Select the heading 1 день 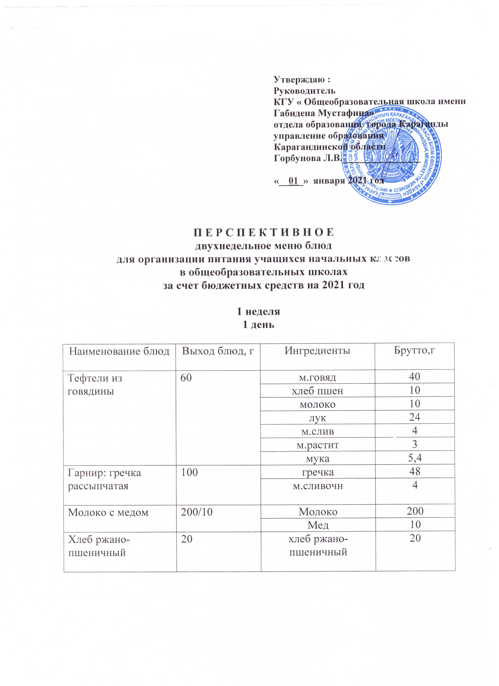[259, 325]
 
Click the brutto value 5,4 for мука [415, 458]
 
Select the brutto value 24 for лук [415, 417]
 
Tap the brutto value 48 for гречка [415, 472]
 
